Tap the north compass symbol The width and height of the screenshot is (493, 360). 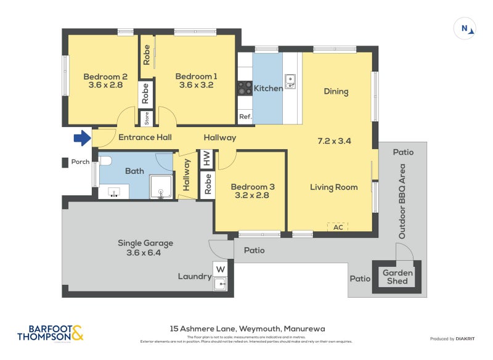point(465,28)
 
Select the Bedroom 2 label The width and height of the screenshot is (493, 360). point(105,76)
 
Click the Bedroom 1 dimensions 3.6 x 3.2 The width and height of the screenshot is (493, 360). point(196,85)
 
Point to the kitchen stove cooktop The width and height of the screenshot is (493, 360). point(245,88)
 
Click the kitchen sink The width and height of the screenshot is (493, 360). point(290,80)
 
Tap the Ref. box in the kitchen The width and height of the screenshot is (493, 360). point(245,116)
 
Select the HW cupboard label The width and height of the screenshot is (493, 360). point(206,158)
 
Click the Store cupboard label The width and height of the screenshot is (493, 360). point(146,117)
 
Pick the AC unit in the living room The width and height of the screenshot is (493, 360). point(338,227)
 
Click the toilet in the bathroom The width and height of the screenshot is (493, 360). point(105,162)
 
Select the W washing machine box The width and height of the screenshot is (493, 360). point(220,269)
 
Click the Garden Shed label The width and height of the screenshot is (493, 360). point(398,277)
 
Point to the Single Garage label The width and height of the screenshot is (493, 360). point(145,243)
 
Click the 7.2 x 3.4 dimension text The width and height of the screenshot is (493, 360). point(334,141)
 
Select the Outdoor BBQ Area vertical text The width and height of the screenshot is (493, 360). point(402,201)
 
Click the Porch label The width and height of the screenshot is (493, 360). point(80,162)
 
